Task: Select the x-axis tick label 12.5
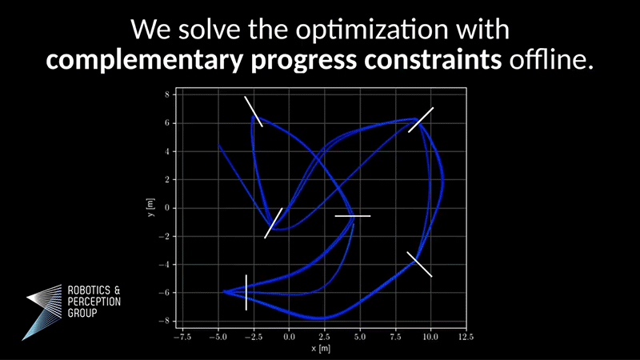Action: (466, 338)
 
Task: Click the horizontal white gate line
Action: (353, 216)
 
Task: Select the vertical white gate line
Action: (246, 292)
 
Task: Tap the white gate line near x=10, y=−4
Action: (419, 264)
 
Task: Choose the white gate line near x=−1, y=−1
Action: (274, 222)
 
